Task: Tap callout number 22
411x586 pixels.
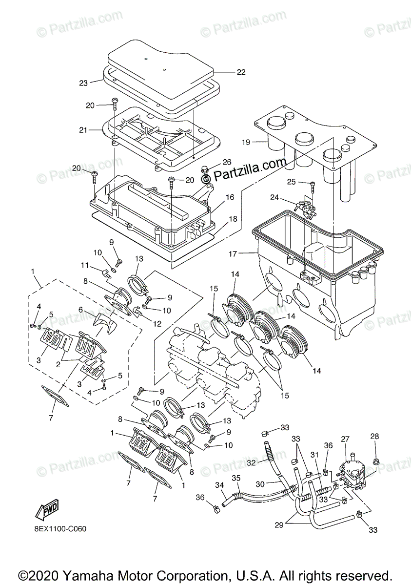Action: click(x=241, y=72)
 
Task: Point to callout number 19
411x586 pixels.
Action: click(x=246, y=142)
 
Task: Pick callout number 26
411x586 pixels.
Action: click(x=227, y=162)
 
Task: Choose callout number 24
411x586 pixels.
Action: click(x=274, y=198)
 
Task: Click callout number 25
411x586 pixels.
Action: click(x=291, y=182)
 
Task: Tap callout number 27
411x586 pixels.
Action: click(x=346, y=439)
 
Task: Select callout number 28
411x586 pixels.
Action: click(x=374, y=436)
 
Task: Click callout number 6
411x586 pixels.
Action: click(x=80, y=310)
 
